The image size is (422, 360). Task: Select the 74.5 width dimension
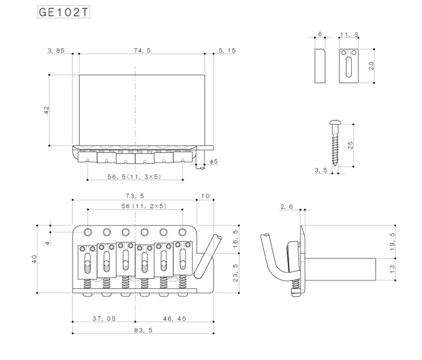coord(142,51)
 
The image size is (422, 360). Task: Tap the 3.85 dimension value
coord(56,51)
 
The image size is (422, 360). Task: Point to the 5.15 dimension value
coord(227,51)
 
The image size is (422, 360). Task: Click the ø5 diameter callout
coord(214,162)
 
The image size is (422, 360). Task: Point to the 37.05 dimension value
coord(104,319)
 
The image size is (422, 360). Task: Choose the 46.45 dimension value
coord(174,319)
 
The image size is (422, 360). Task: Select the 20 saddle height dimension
coord(371,66)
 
